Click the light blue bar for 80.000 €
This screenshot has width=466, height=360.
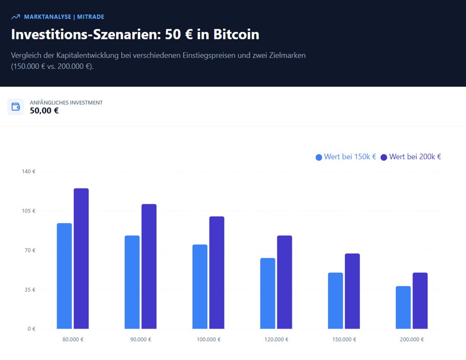coord(64,276)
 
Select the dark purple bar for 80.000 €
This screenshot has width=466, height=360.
coord(81,258)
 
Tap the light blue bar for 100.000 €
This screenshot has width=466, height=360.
coord(200,287)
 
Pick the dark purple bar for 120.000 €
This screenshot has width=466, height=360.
coord(284,282)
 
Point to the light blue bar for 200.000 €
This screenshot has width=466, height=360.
coord(403,307)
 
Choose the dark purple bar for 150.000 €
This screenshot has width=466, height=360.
coord(352,291)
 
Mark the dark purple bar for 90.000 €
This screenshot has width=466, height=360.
coord(149,266)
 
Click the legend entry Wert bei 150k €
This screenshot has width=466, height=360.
coord(346,157)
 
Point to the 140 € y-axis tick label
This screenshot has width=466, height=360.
coord(28,172)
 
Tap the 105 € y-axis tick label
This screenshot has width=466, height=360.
coord(28,211)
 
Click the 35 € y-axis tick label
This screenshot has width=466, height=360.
coord(29,290)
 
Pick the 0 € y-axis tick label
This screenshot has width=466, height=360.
coord(31,329)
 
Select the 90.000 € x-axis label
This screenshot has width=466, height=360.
coord(141,340)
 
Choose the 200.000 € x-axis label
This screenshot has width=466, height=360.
coord(412,340)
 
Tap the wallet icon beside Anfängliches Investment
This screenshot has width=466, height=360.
coord(16,107)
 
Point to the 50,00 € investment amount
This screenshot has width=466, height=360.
coord(44,110)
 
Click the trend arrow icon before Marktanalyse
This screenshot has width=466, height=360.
coord(15,17)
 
